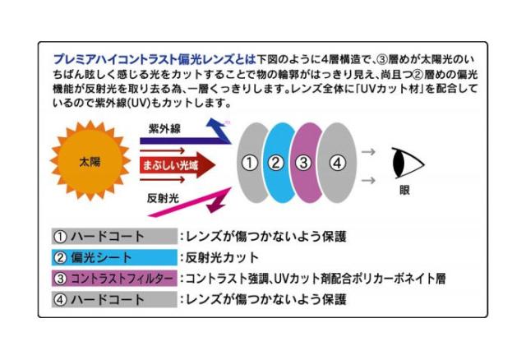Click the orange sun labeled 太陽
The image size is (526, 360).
(90, 161)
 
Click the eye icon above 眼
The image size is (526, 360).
(408, 164)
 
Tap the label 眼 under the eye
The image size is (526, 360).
(404, 190)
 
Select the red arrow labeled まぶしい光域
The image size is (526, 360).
(178, 165)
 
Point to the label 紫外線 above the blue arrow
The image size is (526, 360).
(164, 128)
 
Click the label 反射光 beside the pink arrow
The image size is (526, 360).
(163, 198)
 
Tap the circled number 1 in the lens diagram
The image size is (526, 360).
(250, 163)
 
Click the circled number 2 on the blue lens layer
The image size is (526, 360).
(276, 163)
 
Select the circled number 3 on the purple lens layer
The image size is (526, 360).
(303, 163)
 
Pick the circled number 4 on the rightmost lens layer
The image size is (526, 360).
(337, 163)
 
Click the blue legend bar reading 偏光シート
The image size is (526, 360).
(114, 257)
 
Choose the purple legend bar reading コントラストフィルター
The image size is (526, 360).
(114, 279)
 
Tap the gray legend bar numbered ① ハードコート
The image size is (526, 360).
(114, 236)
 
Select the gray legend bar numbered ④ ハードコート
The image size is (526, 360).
(114, 299)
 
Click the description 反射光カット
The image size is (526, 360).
(222, 257)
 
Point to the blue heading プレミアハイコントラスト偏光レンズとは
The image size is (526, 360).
(155, 59)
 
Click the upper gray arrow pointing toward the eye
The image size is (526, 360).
(368, 152)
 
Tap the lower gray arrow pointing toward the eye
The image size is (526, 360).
(368, 181)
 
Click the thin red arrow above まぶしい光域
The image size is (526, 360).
(163, 150)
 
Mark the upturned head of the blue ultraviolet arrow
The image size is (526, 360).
(216, 126)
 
